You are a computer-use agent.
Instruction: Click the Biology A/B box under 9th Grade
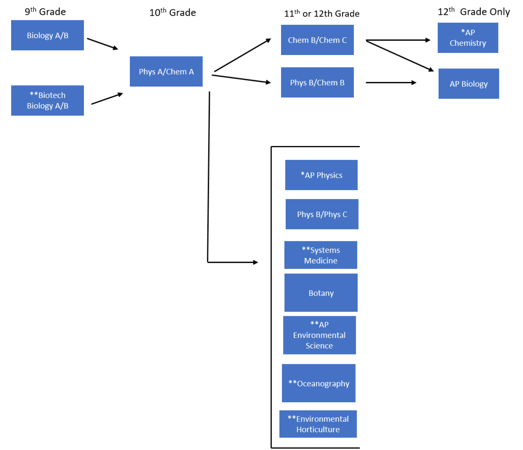click(47, 35)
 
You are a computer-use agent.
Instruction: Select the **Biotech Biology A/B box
click(47, 101)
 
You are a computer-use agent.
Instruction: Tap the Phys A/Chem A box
click(166, 71)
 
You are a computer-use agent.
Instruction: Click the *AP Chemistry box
click(468, 38)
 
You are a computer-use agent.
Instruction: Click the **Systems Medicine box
click(321, 255)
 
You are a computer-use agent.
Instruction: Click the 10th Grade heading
click(172, 12)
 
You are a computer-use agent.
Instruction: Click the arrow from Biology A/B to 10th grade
click(102, 44)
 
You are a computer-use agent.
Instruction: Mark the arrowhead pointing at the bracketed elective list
click(256, 262)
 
